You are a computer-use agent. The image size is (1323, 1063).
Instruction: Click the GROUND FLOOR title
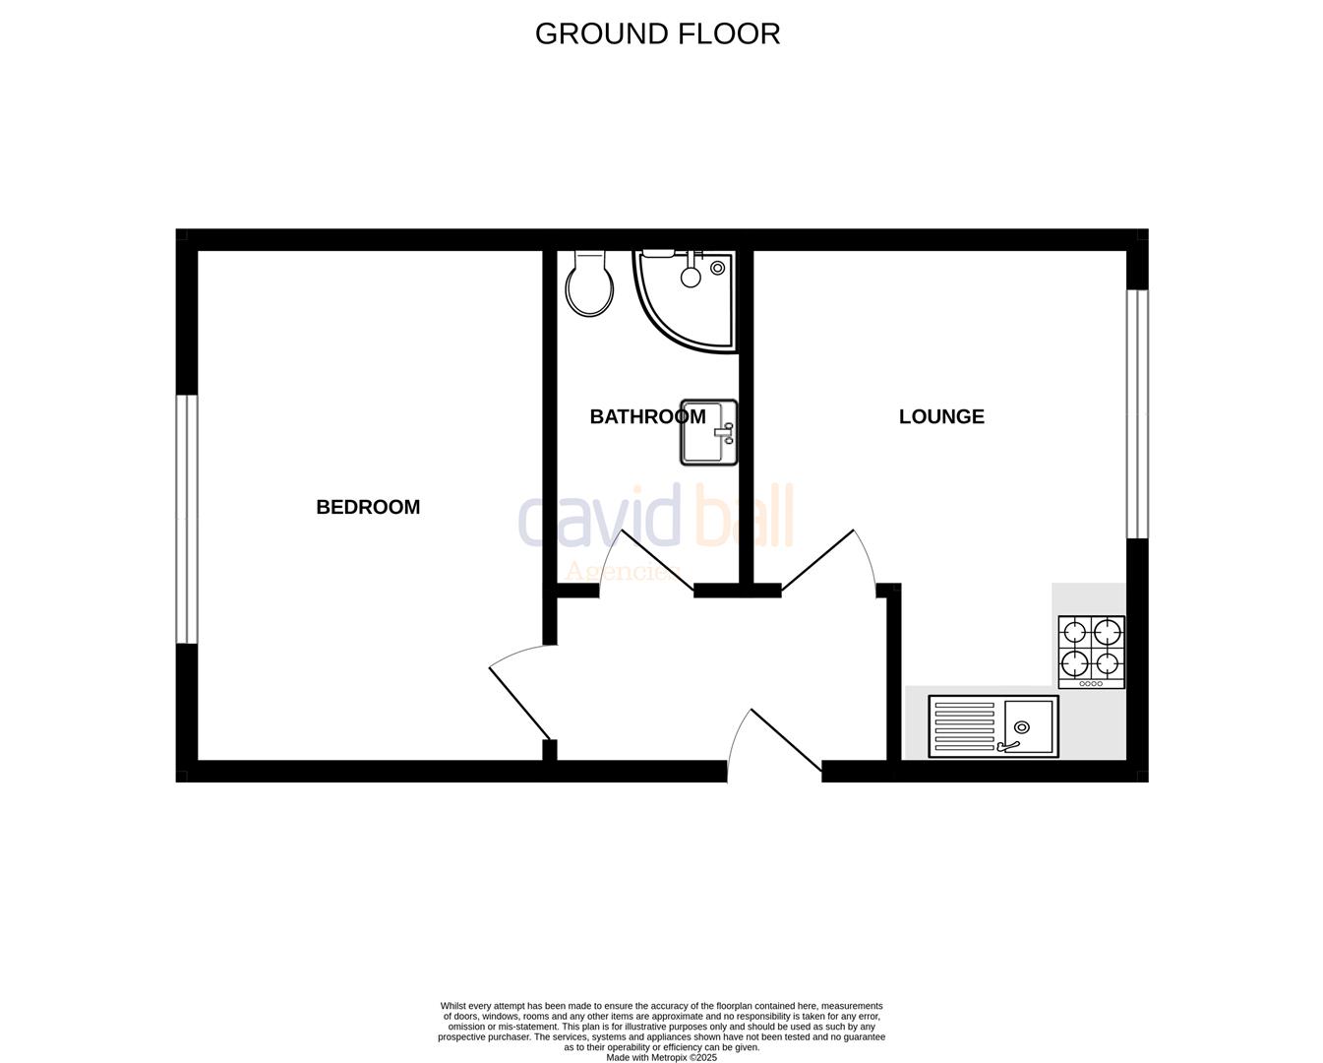pos(657,33)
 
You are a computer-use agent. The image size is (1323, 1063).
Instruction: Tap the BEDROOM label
pos(368,507)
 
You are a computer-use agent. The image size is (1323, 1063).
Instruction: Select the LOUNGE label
pos(941,416)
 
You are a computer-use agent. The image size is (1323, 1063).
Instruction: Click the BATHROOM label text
pos(647,416)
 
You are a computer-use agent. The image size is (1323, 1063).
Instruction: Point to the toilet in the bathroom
pos(589,284)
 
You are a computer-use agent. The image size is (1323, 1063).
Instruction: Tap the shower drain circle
pos(717,268)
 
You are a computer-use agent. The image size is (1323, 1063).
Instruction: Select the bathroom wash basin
pos(708,432)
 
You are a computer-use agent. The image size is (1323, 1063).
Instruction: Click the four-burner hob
pos(1091,652)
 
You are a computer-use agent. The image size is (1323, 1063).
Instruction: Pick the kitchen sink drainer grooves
pos(965,727)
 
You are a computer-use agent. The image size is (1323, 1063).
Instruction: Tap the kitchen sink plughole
pos(1022,727)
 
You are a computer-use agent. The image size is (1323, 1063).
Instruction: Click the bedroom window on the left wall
pos(187,520)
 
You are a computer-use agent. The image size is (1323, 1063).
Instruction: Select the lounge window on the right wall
pos(1137,414)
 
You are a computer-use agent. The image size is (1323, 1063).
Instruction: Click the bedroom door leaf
pos(519,703)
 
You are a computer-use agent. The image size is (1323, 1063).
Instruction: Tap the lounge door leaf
pos(817,560)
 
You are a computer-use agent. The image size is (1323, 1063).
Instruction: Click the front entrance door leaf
pos(786,740)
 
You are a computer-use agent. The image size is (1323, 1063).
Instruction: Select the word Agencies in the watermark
pos(621,572)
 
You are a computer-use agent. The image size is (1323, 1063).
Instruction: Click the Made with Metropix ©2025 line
pos(661,1058)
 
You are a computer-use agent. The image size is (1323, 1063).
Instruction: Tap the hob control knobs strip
pos(1091,683)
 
